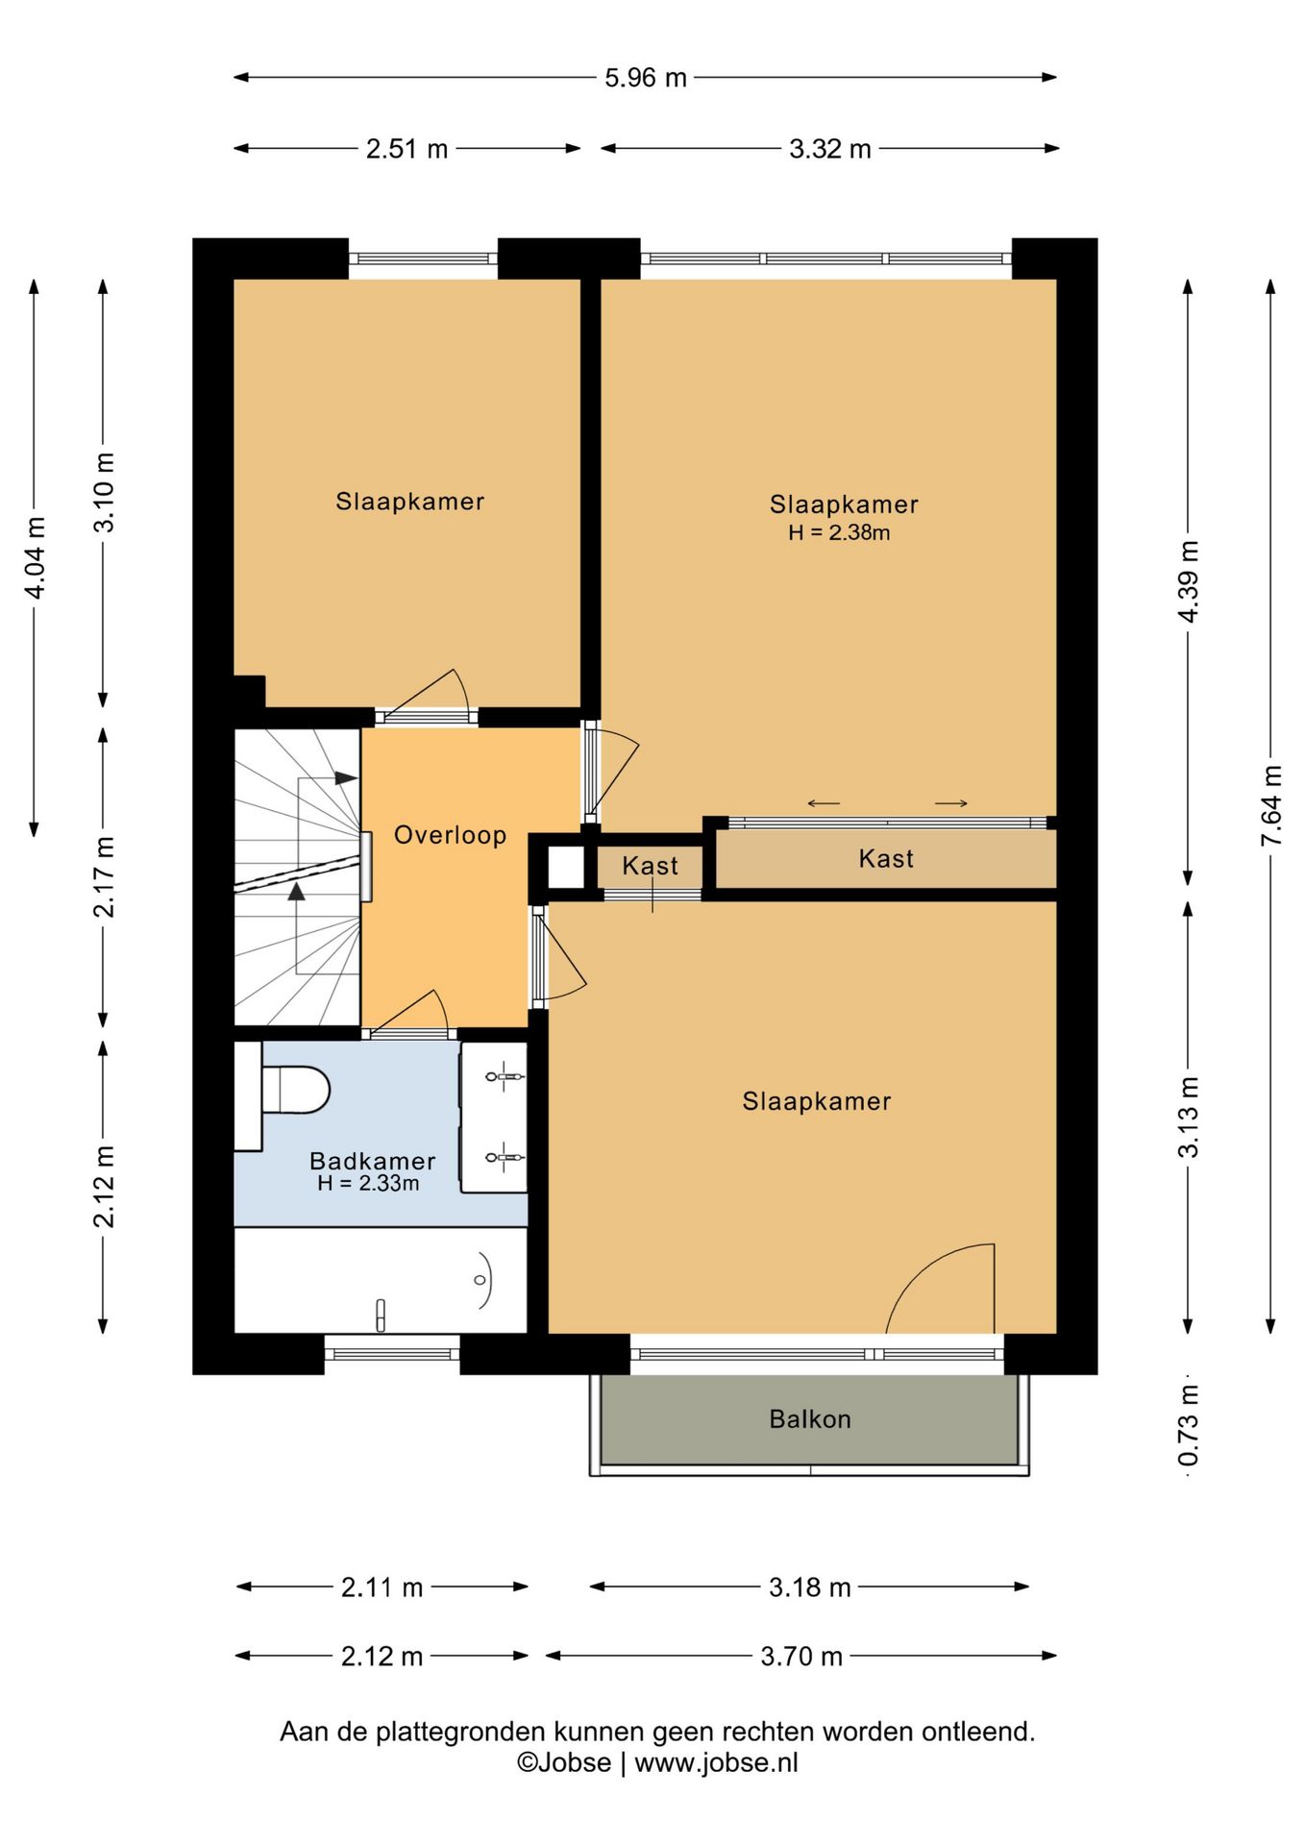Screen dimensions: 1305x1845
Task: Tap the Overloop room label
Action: coord(450,835)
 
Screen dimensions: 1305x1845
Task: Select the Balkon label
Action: coord(810,1419)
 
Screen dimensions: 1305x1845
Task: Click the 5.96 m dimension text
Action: coord(646,78)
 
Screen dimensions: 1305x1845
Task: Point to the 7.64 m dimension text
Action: coord(1271,805)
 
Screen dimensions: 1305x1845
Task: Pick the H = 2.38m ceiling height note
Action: coord(839,532)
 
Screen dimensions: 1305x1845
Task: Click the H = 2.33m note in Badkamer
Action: coord(368,1184)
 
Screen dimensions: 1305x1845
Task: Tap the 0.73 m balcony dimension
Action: coord(1189,1425)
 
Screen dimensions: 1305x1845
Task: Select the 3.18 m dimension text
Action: coord(810,1587)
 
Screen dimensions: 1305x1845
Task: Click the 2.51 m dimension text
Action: coord(406,149)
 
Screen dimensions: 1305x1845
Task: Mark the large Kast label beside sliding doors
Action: coord(886,859)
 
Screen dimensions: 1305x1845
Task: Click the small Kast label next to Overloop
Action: coord(650,866)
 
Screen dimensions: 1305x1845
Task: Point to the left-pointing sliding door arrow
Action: coord(824,803)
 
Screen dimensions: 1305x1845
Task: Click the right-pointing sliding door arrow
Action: coord(951,803)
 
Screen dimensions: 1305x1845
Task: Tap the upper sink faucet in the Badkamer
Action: coord(504,1077)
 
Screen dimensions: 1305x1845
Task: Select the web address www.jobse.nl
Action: coord(716,1762)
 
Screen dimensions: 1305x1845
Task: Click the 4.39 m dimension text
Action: coord(1189,581)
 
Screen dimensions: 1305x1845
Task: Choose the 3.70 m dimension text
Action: coord(801,1657)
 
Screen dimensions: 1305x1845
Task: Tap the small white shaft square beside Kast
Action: coord(565,867)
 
